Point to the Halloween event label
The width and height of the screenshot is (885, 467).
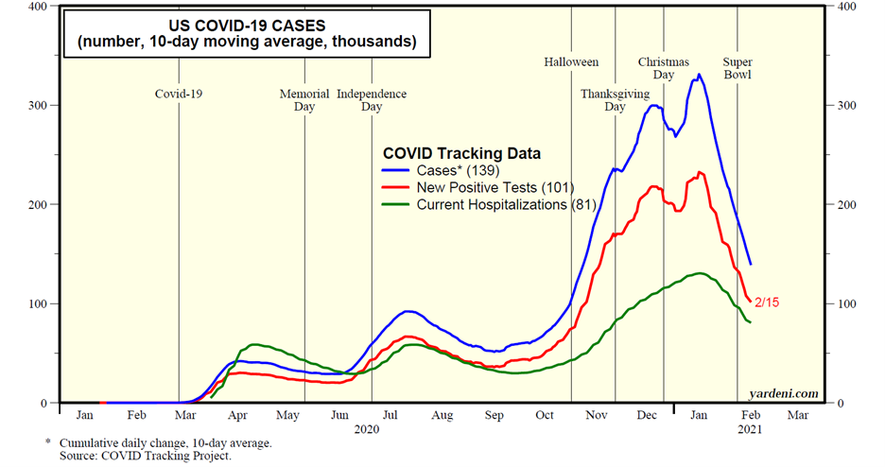[x=571, y=62]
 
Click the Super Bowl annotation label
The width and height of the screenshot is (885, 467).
[x=737, y=69]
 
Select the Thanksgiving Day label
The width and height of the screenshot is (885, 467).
[x=616, y=100]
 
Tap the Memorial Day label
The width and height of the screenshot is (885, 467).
[x=304, y=100]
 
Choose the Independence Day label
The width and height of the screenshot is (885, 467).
[x=372, y=100]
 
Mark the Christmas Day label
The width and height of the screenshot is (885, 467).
[x=663, y=69]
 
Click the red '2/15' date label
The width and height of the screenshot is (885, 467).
[x=767, y=303]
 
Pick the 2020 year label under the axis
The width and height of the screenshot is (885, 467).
[x=365, y=430]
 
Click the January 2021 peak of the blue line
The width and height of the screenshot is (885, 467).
[x=699, y=75]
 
